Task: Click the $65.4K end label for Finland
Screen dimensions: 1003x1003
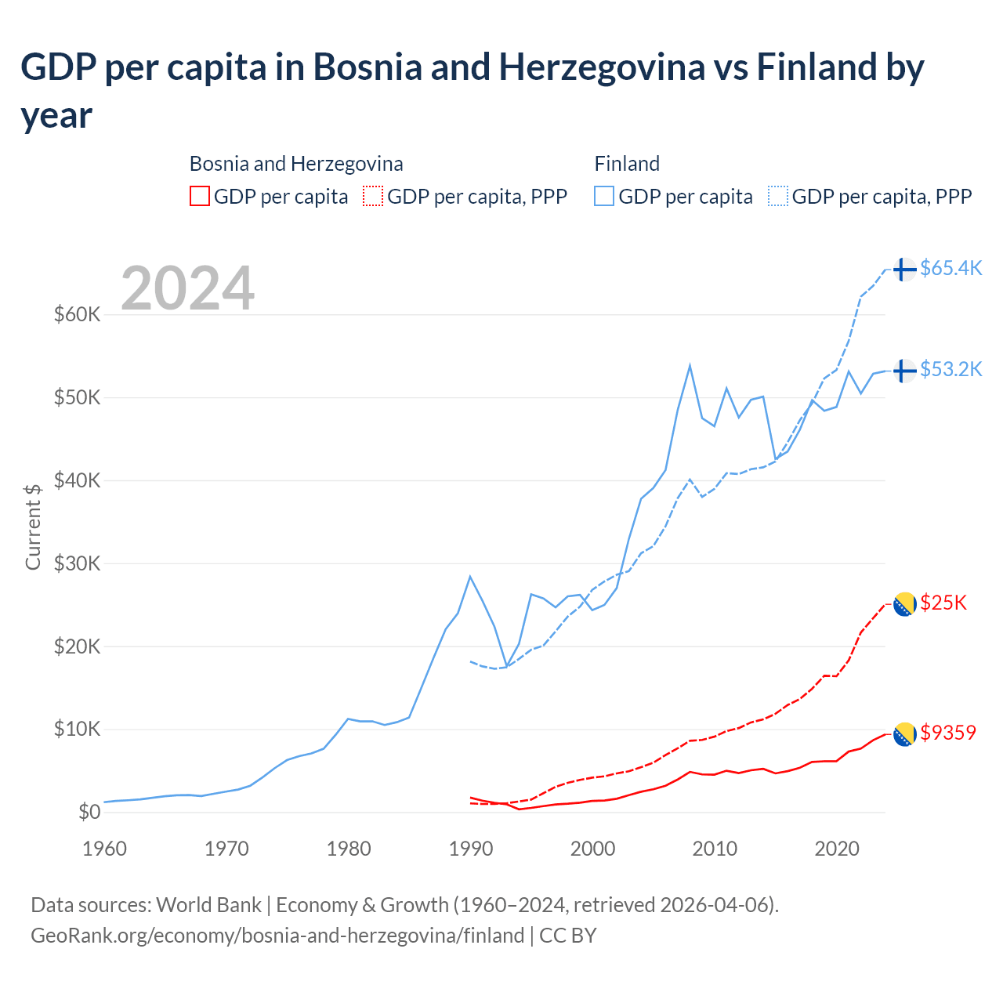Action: click(x=950, y=269)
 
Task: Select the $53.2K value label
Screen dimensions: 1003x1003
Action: click(x=950, y=369)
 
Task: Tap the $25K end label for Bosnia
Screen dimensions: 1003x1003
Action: click(x=943, y=603)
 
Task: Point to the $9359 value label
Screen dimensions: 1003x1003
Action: click(x=948, y=733)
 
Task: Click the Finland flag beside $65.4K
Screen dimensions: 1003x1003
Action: click(x=904, y=269)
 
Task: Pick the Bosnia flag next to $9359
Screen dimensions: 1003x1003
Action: click(x=904, y=734)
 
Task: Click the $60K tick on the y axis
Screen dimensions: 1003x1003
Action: click(x=78, y=315)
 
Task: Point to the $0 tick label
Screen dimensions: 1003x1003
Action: click(x=89, y=813)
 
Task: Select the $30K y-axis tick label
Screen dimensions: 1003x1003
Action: click(x=78, y=563)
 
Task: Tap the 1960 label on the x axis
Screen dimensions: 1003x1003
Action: click(x=104, y=849)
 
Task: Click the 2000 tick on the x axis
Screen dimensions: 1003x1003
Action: click(x=593, y=849)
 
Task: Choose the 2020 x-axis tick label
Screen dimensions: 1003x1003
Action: click(x=837, y=849)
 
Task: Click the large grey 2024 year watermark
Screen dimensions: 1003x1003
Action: click(x=187, y=288)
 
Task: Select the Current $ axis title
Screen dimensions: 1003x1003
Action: click(x=33, y=527)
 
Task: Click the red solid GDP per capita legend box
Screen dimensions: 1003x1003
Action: click(x=200, y=196)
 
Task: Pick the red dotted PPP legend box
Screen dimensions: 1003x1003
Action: click(x=373, y=196)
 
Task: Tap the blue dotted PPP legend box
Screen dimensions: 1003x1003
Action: click(x=778, y=196)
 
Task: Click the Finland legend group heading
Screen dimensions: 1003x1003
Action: click(x=627, y=164)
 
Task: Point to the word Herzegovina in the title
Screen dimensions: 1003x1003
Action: click(x=602, y=67)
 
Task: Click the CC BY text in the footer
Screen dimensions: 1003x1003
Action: click(x=568, y=936)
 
